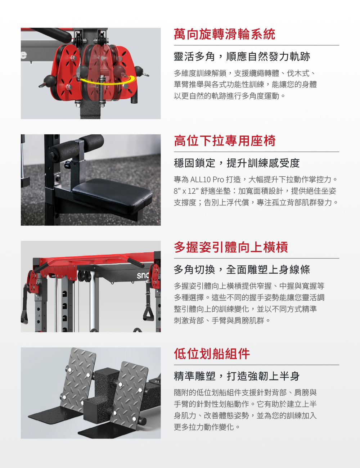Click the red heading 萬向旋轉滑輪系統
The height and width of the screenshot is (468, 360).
point(225,34)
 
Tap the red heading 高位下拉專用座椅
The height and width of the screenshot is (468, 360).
point(225,141)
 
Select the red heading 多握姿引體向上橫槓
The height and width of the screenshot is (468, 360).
point(231,247)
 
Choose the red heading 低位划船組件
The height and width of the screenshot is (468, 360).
point(212,354)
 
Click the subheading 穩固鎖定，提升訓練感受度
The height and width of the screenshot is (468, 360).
point(237,163)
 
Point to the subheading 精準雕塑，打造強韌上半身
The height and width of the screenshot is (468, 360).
point(237,376)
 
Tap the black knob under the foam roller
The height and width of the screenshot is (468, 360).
point(67,165)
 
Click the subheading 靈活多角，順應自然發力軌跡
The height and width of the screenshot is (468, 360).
point(242,57)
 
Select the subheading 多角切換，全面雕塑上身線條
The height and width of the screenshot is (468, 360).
point(242,269)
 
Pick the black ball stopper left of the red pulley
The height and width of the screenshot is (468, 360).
point(50,80)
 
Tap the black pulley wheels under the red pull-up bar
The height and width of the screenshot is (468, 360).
point(84,276)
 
